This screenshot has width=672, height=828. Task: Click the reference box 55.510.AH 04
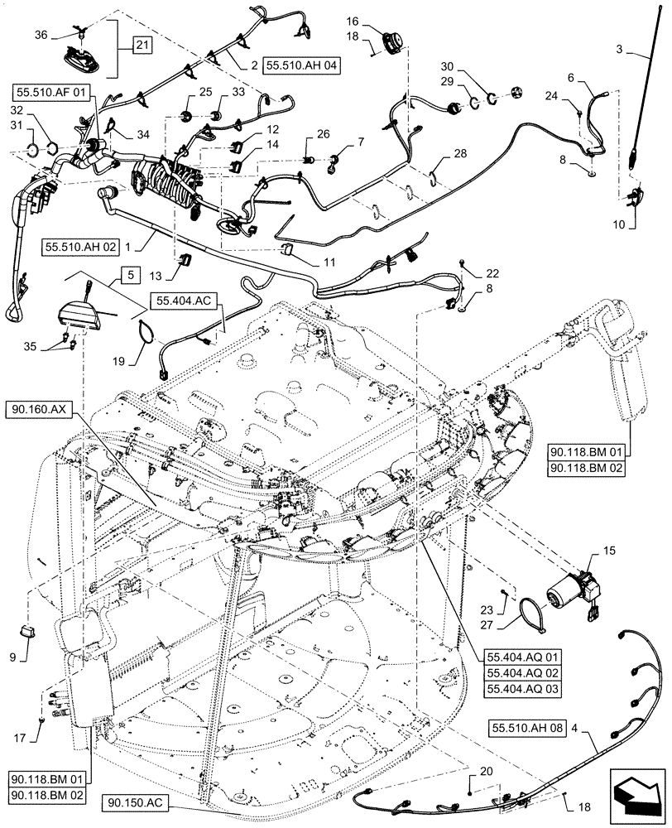coord(303,64)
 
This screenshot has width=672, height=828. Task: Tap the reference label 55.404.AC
coord(186,299)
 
